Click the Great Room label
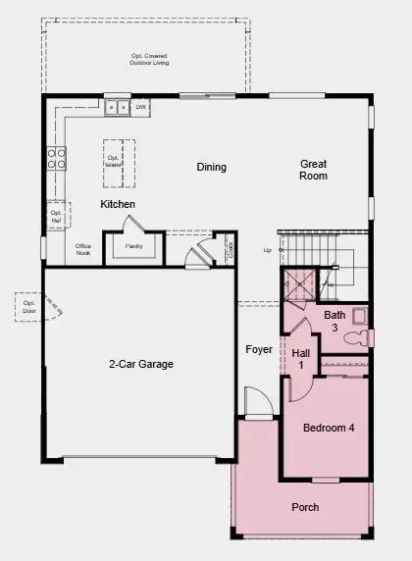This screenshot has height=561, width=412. point(314,170)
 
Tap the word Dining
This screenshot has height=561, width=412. point(211,168)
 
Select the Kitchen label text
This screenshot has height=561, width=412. point(118,204)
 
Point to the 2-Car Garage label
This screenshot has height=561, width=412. point(140,364)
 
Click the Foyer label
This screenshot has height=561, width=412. point(259,349)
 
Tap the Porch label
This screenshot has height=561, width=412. point(305,507)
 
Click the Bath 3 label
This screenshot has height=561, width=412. point(335,321)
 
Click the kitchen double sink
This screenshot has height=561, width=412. point(118,107)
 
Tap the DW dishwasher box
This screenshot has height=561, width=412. point(141,107)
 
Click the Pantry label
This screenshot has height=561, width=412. point(133,246)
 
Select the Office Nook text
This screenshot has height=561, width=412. point(84,249)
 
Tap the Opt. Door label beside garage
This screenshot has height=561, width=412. point(28,308)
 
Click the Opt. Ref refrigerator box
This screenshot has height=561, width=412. point(55,217)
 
